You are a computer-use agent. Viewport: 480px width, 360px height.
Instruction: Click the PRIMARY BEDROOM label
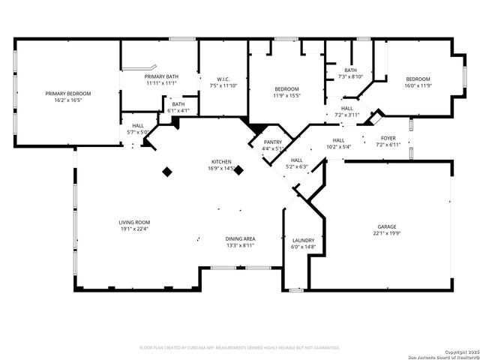tap(67, 93)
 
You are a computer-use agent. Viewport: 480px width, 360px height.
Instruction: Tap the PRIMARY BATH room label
tap(161, 76)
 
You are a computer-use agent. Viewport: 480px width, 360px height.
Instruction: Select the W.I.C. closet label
tap(223, 79)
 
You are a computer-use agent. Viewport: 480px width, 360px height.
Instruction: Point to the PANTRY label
tap(273, 142)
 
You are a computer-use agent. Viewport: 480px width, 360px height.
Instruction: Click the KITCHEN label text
tap(220, 162)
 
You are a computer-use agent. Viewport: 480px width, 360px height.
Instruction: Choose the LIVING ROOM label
tap(134, 222)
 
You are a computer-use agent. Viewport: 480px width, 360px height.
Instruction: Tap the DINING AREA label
tap(241, 238)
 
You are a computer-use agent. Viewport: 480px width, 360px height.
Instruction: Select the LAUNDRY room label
tap(303, 240)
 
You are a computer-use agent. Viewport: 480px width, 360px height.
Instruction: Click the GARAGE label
tap(387, 226)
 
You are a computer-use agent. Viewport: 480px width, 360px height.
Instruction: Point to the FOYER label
tap(388, 138)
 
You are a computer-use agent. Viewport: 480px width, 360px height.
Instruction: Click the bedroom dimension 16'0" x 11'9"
tap(418, 86)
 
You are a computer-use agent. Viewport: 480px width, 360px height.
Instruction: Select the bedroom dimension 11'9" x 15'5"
tap(286, 95)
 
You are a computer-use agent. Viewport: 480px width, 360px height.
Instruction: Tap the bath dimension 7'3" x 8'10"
tap(350, 76)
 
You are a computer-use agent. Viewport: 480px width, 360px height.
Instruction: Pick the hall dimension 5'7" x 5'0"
tap(138, 132)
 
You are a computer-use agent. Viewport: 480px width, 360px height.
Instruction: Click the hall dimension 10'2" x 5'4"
tap(339, 147)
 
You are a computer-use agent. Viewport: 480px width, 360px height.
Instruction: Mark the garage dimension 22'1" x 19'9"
tap(387, 233)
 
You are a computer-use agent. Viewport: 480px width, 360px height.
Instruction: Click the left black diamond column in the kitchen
tap(167, 172)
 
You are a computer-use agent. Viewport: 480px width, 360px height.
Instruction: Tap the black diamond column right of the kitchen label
tap(239, 170)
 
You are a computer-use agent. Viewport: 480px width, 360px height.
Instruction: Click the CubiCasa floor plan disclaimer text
tap(240, 347)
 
